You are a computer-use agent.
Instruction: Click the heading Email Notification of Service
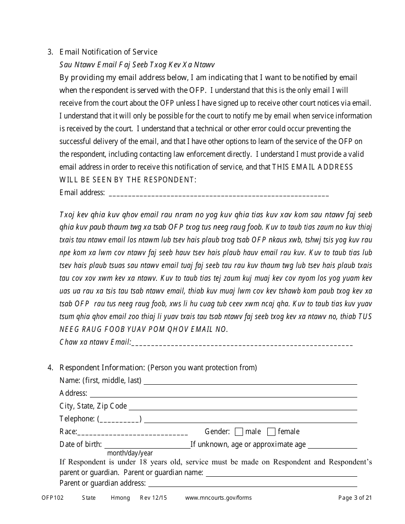tap(108, 52)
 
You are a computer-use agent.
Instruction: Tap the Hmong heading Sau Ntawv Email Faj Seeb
tap(137, 65)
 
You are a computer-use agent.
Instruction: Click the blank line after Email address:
tap(219, 194)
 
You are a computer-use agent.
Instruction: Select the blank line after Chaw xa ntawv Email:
tap(242, 343)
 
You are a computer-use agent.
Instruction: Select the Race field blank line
tap(133, 433)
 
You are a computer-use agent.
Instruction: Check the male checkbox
tap(239, 432)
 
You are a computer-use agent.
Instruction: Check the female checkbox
tap(271, 432)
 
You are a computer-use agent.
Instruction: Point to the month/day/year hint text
tap(130, 453)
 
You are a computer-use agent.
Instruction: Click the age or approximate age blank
tap(332, 446)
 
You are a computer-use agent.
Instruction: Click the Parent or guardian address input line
tap(252, 484)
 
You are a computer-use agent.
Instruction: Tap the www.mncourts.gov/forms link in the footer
tap(218, 498)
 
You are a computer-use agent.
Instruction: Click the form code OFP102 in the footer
tap(52, 498)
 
